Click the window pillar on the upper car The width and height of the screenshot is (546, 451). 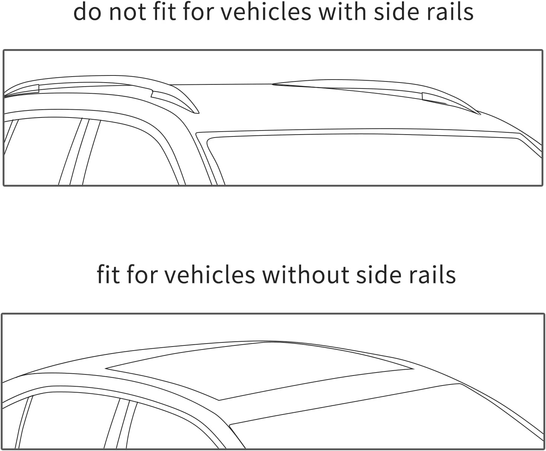pyautogui.click(x=80, y=152)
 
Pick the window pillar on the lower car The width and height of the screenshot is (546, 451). pyautogui.click(x=121, y=424)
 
